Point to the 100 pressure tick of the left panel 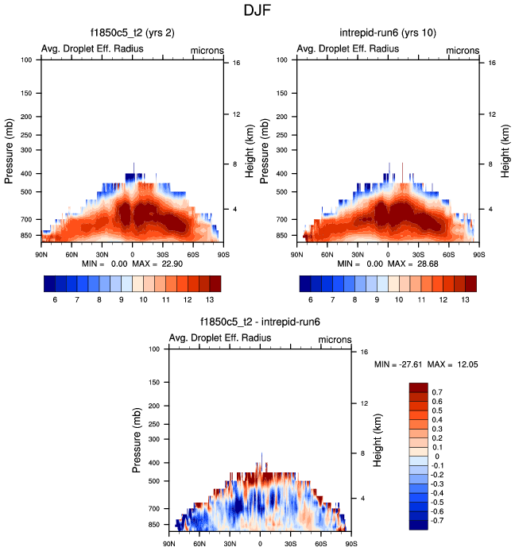26,60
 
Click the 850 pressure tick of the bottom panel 153,525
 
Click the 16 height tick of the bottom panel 365,351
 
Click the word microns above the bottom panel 335,339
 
